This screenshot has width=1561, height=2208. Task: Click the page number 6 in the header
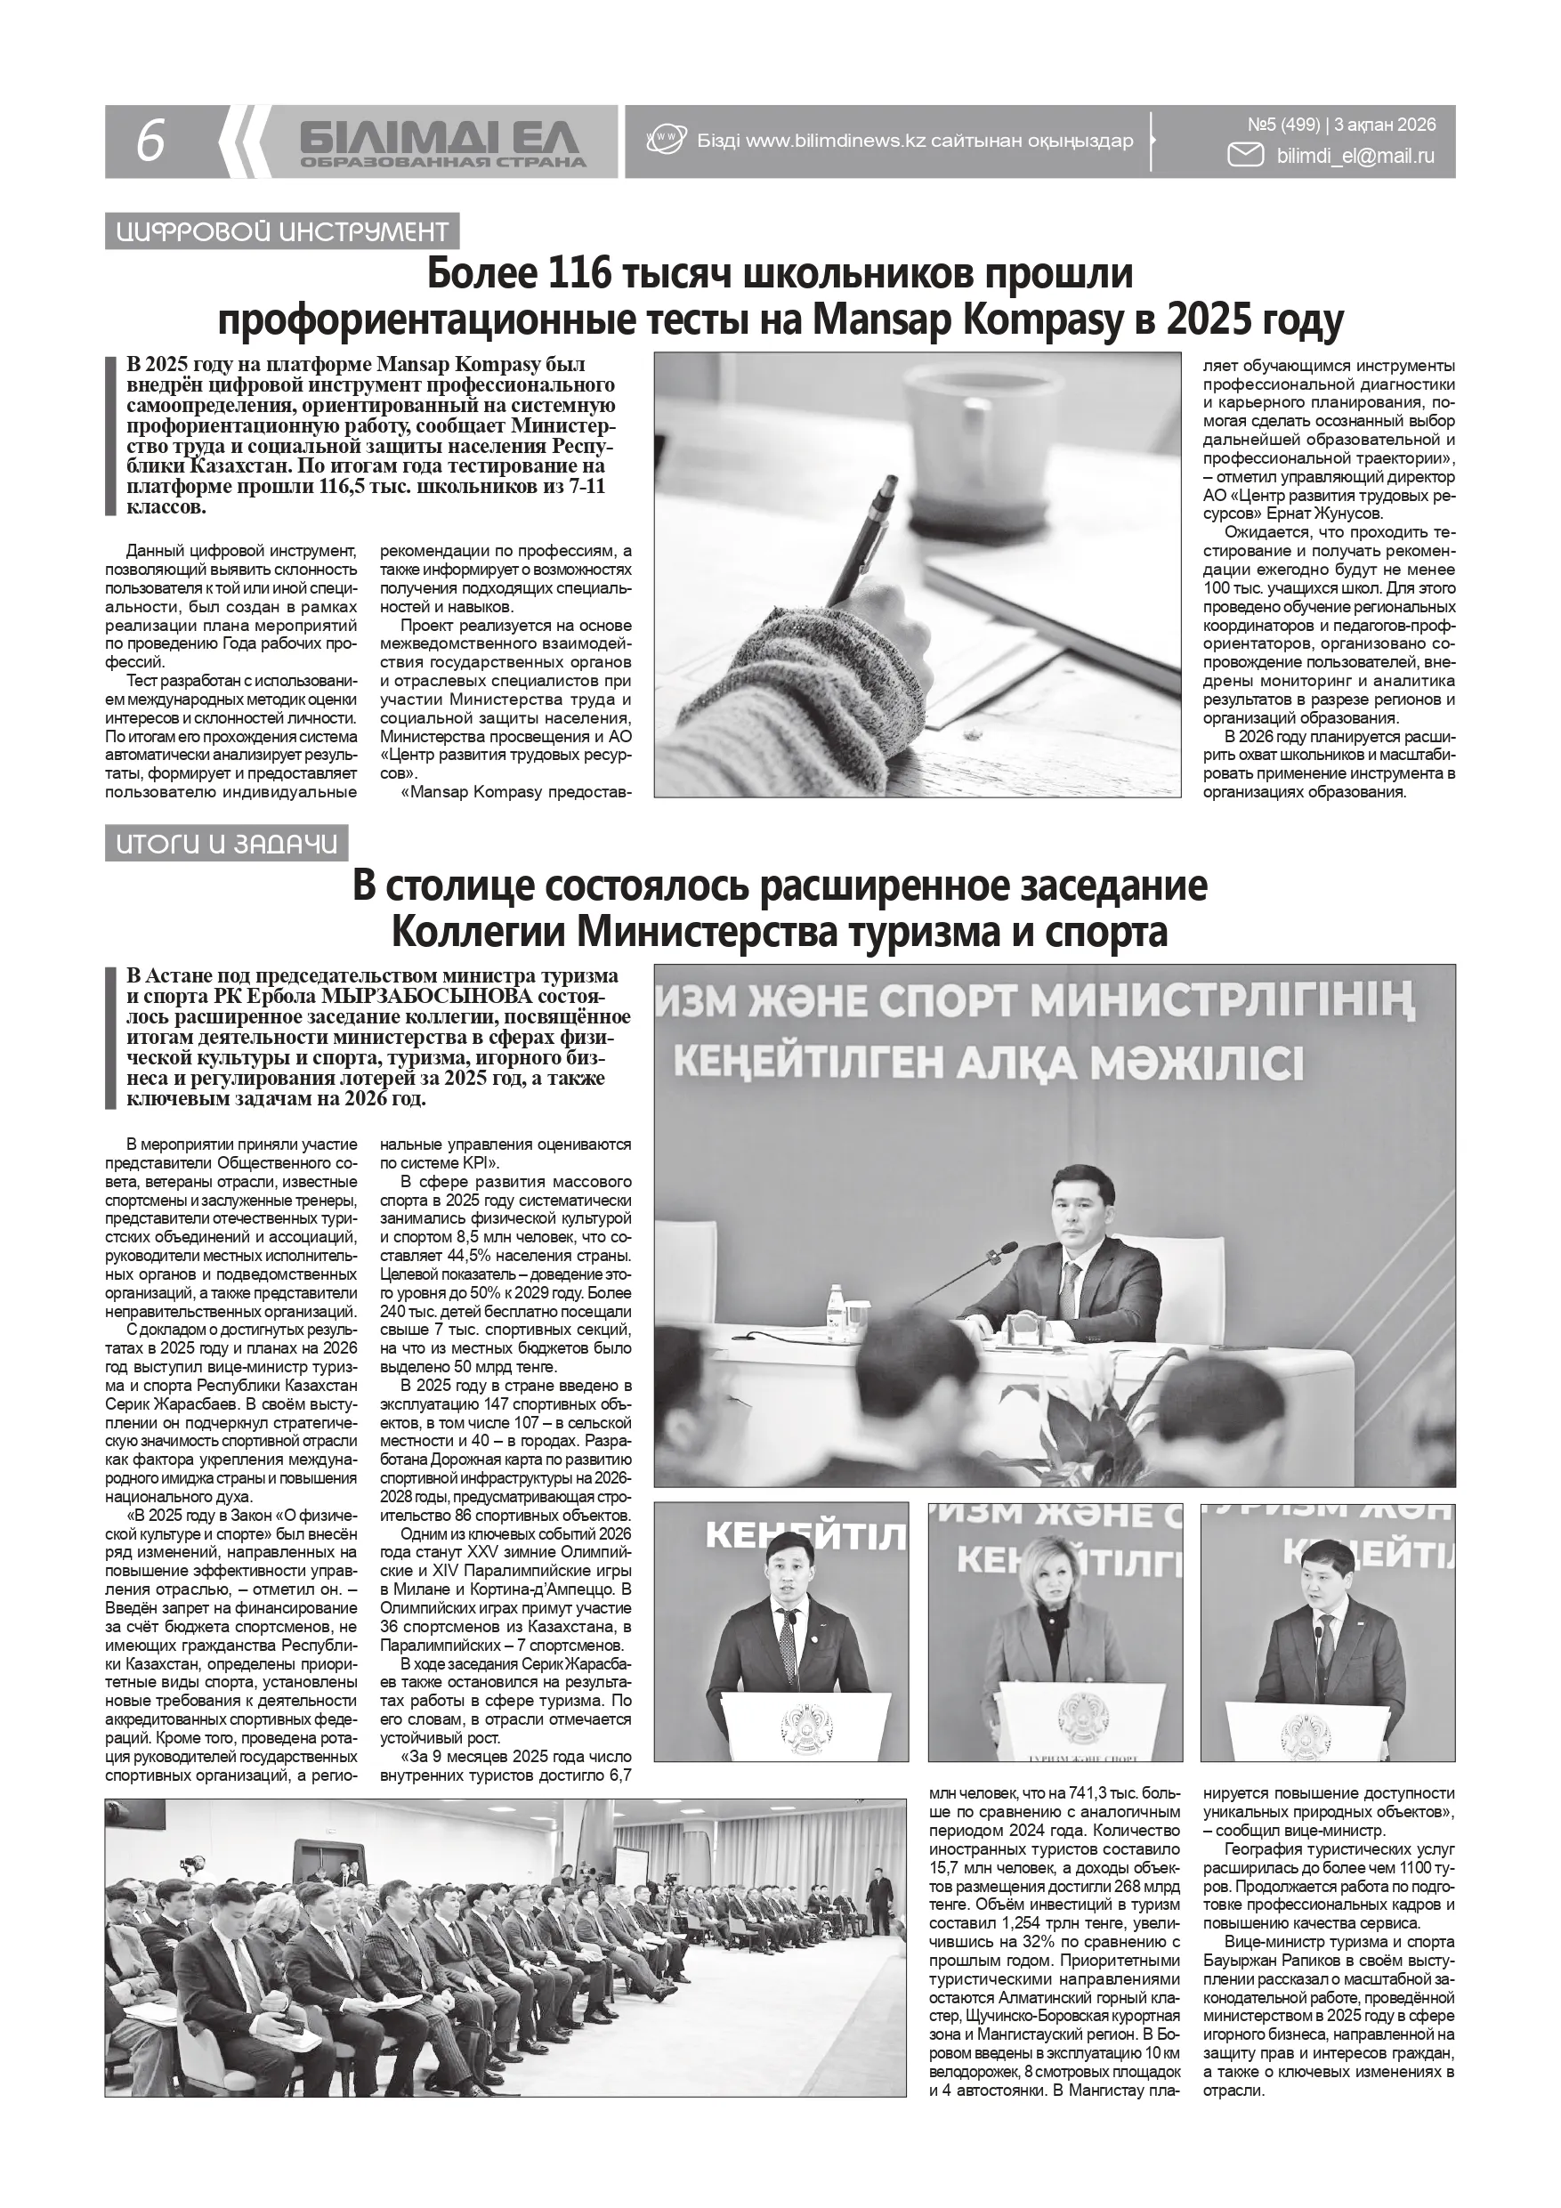point(150,142)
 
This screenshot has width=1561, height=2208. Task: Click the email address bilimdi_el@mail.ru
point(1355,156)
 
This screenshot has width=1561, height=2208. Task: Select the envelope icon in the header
point(1247,155)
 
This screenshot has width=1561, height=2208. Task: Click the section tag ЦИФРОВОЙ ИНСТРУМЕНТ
point(282,231)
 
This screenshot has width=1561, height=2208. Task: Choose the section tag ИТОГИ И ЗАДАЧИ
point(227,845)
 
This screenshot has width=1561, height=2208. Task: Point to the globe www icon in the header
point(665,141)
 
